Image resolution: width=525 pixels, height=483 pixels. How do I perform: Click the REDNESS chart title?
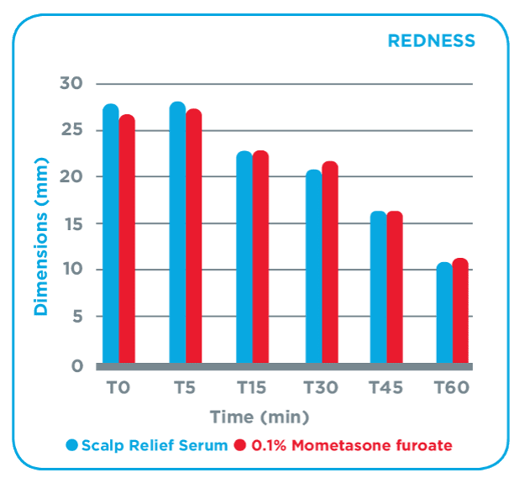tap(430, 40)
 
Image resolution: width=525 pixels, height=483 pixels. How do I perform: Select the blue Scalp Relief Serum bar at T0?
tap(111, 235)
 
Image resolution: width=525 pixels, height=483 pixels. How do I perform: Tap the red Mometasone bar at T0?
tap(127, 239)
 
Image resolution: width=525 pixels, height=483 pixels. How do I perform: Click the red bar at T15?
tap(260, 257)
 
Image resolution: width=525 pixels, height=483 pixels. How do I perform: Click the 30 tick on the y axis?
tap(71, 83)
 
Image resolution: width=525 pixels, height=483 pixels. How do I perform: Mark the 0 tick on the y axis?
tap(76, 366)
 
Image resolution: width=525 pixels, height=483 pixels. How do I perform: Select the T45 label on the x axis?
tap(386, 389)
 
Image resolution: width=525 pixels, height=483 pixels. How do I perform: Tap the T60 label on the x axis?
tap(452, 389)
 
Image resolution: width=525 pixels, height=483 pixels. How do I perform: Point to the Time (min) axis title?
tap(260, 417)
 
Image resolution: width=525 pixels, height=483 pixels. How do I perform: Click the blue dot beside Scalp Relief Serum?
tap(72, 445)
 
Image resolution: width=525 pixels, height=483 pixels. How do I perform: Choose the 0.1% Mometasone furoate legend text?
tap(354, 445)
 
